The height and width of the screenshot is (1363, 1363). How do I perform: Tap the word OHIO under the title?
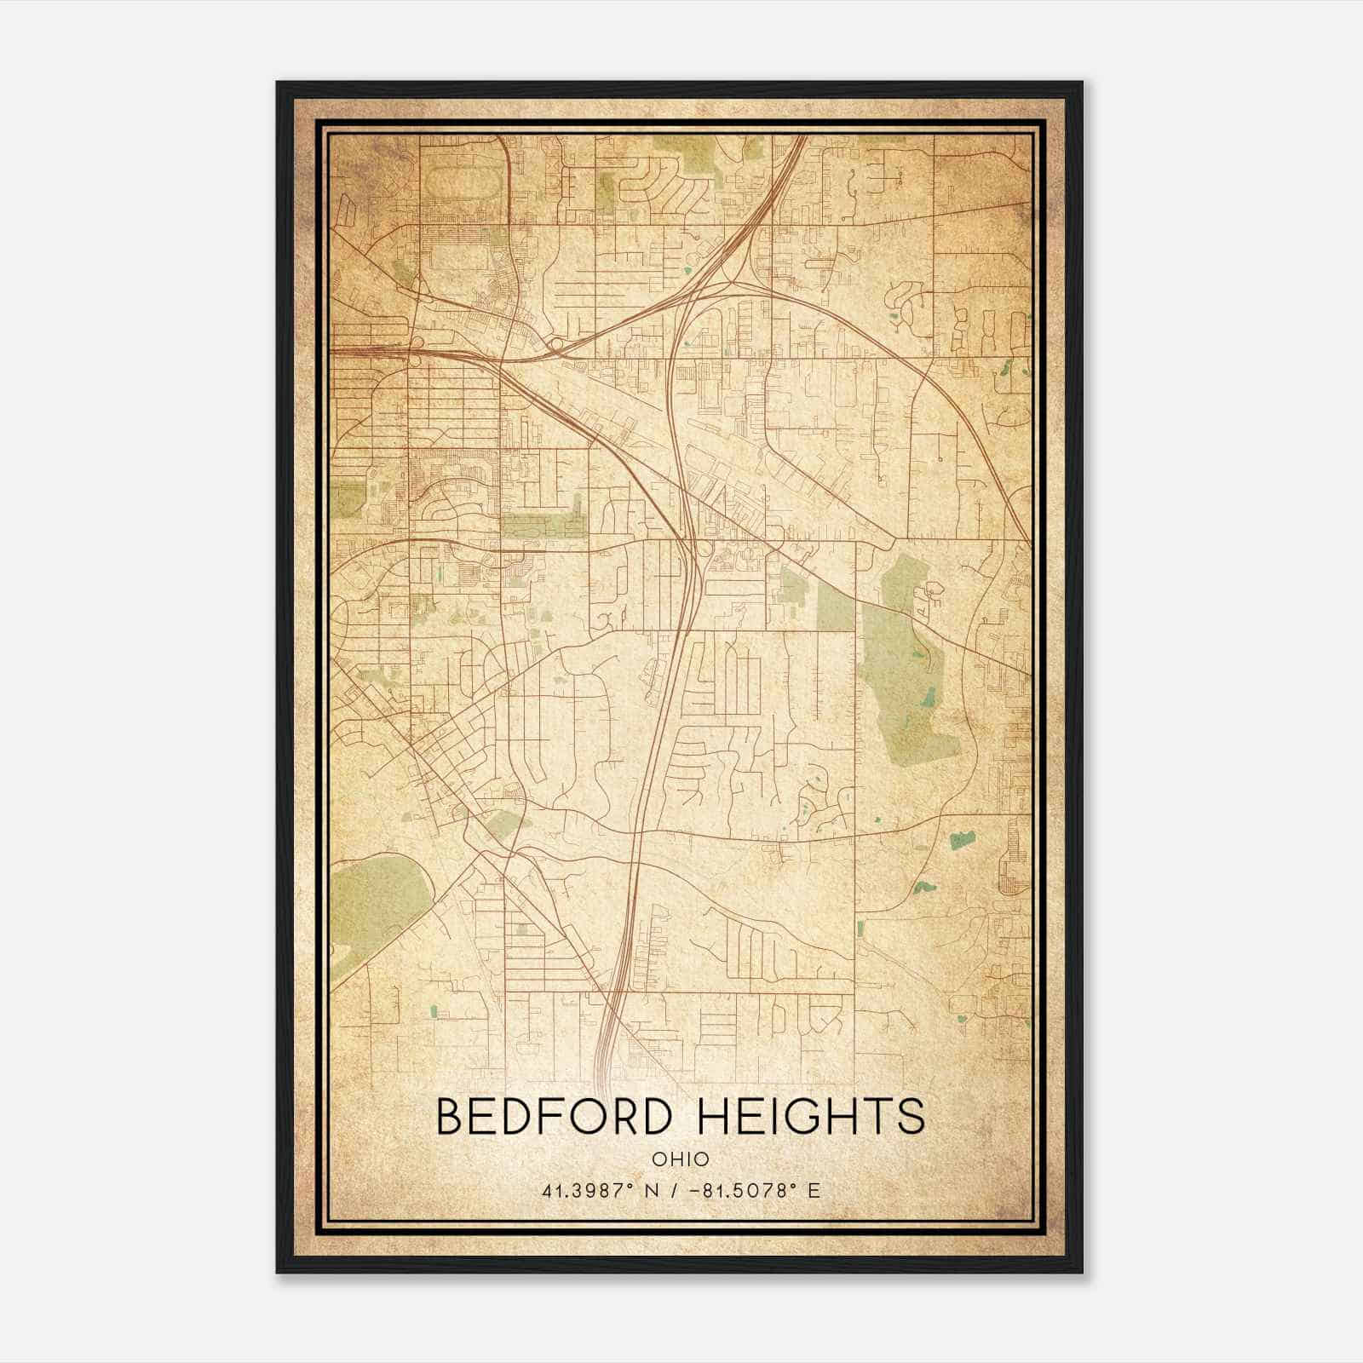click(681, 1159)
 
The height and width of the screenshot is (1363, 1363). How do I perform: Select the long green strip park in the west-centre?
click(543, 526)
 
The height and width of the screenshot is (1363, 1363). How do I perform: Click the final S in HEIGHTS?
click(912, 1116)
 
